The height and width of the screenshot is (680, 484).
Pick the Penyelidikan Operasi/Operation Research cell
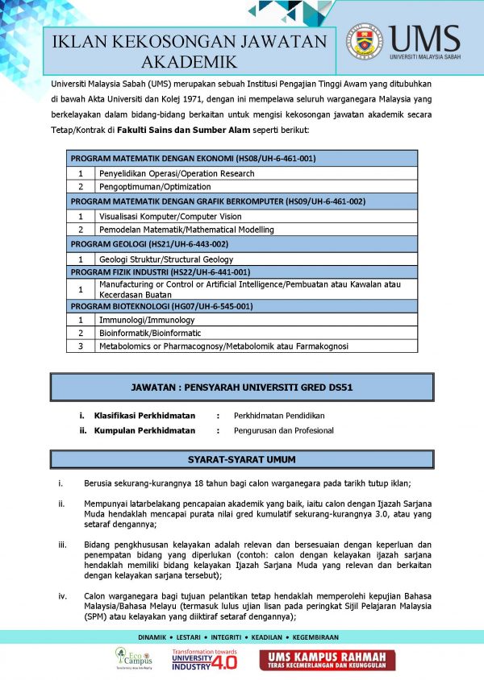pyautogui.click(x=177, y=173)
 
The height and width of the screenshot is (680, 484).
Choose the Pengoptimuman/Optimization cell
pyautogui.click(x=144, y=187)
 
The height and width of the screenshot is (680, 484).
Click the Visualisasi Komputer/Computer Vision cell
pyautogui.click(x=169, y=216)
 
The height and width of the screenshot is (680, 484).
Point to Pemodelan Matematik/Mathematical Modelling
pyautogui.click(x=186, y=230)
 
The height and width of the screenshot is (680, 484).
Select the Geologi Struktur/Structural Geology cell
pyautogui.click(x=165, y=259)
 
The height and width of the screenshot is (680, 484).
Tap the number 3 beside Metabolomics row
pyautogui.click(x=81, y=346)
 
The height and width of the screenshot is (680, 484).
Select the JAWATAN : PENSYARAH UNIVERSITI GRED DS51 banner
pyautogui.click(x=242, y=387)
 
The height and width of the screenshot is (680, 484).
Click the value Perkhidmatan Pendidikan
pyautogui.click(x=279, y=415)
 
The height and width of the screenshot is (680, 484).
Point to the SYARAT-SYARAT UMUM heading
pyautogui.click(x=242, y=460)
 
